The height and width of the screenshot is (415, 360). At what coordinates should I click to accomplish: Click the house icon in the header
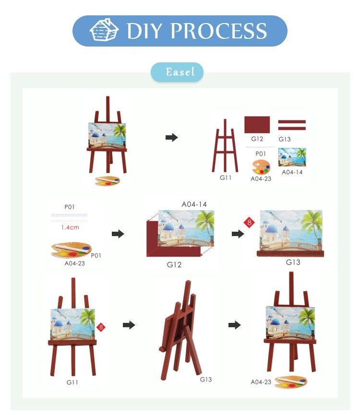point(104,30)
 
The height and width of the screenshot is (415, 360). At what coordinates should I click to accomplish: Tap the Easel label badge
point(177,72)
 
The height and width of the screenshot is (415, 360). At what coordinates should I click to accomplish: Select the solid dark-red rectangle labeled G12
point(257,124)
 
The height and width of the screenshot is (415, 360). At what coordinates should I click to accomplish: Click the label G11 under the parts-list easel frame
point(226,178)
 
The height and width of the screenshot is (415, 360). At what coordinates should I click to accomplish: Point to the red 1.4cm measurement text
point(70,227)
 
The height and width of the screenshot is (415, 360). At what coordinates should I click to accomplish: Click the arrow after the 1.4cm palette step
point(118,234)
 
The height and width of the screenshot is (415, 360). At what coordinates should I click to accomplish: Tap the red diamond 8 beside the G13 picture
point(249,222)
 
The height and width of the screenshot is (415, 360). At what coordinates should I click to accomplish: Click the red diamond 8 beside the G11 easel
point(101,327)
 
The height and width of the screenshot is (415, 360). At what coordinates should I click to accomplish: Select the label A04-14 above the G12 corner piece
point(194,204)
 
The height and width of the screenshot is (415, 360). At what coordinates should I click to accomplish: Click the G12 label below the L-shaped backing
point(174,264)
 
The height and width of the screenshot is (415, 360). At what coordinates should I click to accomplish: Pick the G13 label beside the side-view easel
point(205,379)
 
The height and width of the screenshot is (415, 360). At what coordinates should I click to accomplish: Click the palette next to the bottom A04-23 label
point(291,382)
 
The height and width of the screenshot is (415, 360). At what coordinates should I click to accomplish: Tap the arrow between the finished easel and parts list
point(171,137)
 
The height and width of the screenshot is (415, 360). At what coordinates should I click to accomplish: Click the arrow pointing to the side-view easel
point(129,325)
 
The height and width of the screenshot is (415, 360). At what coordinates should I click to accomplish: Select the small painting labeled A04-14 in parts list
point(292,157)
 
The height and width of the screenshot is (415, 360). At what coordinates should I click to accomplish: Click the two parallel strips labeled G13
point(292,125)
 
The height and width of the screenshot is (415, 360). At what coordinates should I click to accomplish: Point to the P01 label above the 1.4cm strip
point(69,207)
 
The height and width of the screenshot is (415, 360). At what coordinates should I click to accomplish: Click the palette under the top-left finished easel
point(108,181)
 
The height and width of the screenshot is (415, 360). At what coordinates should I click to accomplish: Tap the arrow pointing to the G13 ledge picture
point(238,234)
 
